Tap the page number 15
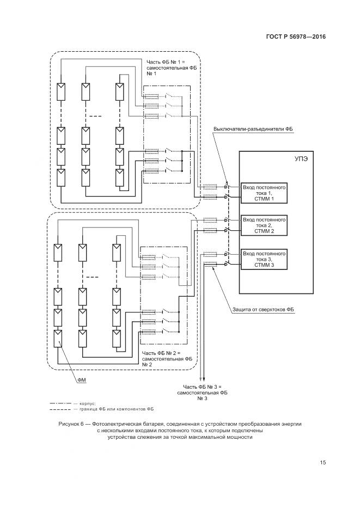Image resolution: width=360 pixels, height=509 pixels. click(x=322, y=463)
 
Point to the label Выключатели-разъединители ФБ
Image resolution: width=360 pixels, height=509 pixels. click(x=253, y=129)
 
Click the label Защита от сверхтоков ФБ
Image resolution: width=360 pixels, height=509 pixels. click(x=261, y=309)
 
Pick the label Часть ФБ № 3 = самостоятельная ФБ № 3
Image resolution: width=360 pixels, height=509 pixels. click(x=202, y=392)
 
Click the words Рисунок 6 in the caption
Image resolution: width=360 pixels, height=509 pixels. click(x=71, y=423)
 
